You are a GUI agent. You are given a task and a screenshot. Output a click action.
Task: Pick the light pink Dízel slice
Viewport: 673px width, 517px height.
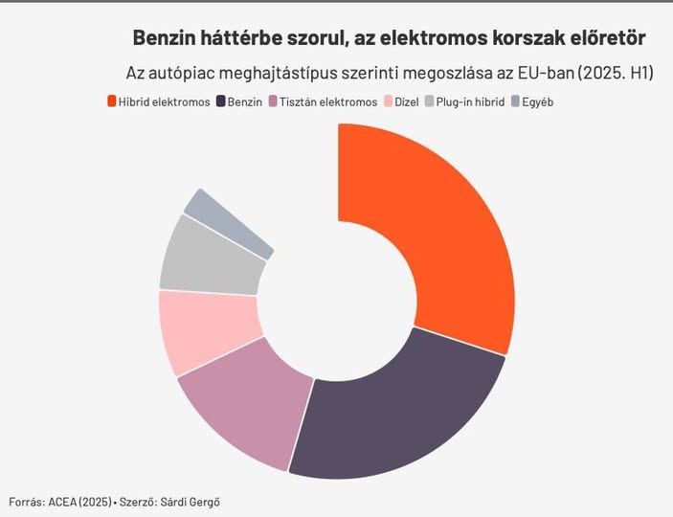pos(206,330)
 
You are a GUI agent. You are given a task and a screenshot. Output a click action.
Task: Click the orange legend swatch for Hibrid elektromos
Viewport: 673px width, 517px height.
pos(112,101)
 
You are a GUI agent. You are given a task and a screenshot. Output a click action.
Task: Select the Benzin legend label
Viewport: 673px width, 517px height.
pos(245,101)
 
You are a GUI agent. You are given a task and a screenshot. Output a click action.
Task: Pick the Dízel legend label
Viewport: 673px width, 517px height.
pos(407,101)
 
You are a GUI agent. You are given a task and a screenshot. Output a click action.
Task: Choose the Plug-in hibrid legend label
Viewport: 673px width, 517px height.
pos(470,101)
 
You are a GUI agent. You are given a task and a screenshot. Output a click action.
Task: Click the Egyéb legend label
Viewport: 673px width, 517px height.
pos(538,101)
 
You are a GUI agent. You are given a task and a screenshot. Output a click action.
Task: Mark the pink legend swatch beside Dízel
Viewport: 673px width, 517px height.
pos(388,101)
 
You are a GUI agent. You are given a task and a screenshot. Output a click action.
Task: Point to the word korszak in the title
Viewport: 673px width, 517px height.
pos(518,38)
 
